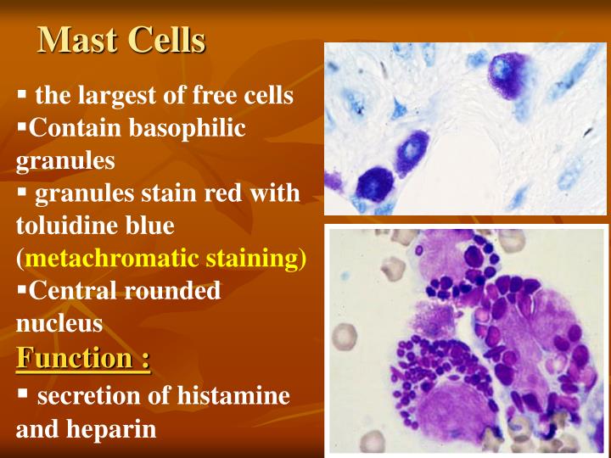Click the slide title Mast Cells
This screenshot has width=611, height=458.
[x=122, y=39]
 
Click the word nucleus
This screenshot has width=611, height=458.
[x=59, y=322]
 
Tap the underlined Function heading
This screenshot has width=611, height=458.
[x=83, y=358]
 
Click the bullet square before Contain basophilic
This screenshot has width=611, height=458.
[x=21, y=128]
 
